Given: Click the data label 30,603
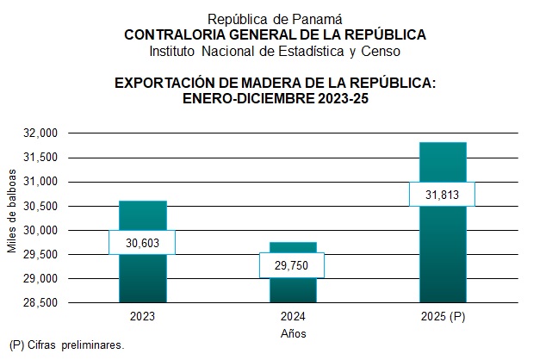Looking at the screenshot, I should coord(142,243).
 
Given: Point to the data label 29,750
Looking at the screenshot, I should coord(294,264).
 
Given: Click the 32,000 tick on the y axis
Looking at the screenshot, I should coord(40,133).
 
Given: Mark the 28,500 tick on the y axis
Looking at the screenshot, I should coord(40,303).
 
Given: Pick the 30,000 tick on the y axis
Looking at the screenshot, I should coord(40,231).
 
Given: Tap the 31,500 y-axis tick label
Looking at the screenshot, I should coord(40,158).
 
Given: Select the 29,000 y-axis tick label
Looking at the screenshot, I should coord(40,279).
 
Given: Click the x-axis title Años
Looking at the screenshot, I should coord(294,333).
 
